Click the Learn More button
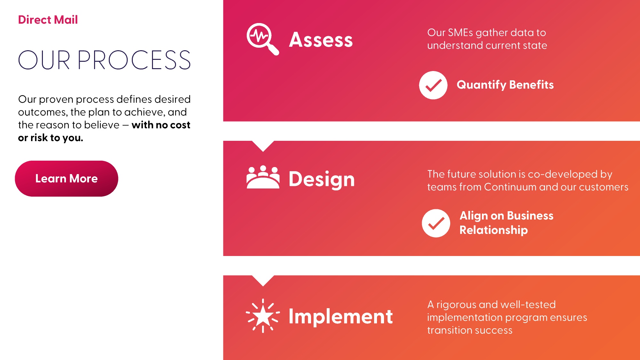point(67,179)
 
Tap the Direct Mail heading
point(48,20)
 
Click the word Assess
point(321,40)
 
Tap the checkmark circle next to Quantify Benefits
point(433,85)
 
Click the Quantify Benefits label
point(505,85)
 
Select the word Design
point(322,179)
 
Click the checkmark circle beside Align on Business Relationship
point(436,223)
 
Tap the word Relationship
point(494,230)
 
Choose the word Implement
point(341,316)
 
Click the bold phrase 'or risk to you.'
point(51,138)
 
